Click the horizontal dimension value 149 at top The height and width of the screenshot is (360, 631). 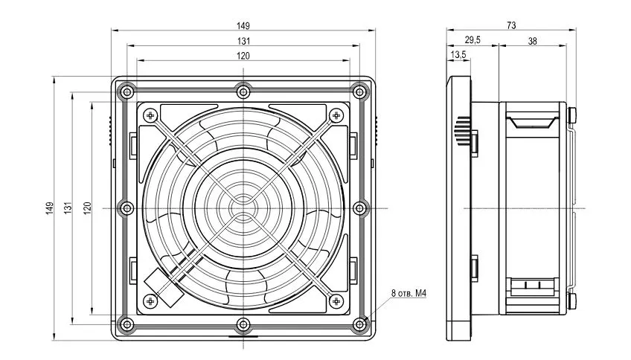[243, 25]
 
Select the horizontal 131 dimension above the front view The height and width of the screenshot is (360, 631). [243, 41]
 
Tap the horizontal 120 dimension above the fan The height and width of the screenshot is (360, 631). [243, 56]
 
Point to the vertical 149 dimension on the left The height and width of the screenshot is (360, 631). [49, 206]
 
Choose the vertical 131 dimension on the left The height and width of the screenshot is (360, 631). [65, 206]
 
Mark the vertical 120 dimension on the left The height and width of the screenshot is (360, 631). [86, 206]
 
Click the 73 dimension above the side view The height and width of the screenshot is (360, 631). [511, 25]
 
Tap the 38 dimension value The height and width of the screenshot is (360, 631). [532, 41]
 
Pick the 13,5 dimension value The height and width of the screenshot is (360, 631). [458, 56]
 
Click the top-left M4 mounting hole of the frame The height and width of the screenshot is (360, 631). [127, 91]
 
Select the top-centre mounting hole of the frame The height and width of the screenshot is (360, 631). [243, 91]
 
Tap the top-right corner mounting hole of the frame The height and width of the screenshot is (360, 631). [359, 91]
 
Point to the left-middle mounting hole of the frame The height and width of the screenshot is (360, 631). [127, 207]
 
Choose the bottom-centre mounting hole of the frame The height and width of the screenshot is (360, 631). [243, 323]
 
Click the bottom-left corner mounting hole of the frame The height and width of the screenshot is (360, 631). [127, 323]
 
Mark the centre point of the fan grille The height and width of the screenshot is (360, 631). [243, 207]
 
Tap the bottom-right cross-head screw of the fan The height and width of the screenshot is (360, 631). [334, 300]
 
